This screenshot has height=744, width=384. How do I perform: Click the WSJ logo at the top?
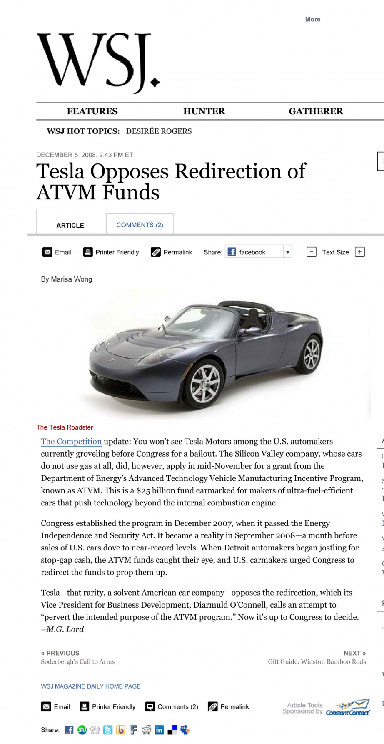[x=98, y=63]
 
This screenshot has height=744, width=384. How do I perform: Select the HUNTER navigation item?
[x=204, y=111]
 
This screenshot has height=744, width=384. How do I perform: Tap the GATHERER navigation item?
[x=316, y=111]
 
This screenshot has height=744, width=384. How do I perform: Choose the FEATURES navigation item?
[x=92, y=111]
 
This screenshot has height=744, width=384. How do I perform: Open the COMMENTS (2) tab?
[x=140, y=225]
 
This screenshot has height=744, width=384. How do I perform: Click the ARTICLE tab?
[x=70, y=225]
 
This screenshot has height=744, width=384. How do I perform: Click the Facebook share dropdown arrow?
[x=287, y=252]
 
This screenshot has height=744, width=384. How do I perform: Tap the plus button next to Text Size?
[x=360, y=252]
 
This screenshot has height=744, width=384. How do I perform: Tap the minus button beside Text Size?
[x=311, y=252]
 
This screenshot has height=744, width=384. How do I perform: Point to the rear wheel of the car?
[x=311, y=354]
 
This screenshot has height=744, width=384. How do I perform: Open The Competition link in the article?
[x=71, y=442]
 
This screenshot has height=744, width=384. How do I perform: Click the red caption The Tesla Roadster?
[x=65, y=427]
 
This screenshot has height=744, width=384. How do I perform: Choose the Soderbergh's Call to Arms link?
[x=77, y=662]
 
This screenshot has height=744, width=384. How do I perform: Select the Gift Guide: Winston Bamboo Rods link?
[x=317, y=662]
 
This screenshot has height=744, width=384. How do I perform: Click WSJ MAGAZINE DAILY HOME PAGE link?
[x=90, y=686]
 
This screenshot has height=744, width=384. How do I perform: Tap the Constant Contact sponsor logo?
[x=348, y=707]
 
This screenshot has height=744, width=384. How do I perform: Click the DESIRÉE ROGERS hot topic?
[x=159, y=131]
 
